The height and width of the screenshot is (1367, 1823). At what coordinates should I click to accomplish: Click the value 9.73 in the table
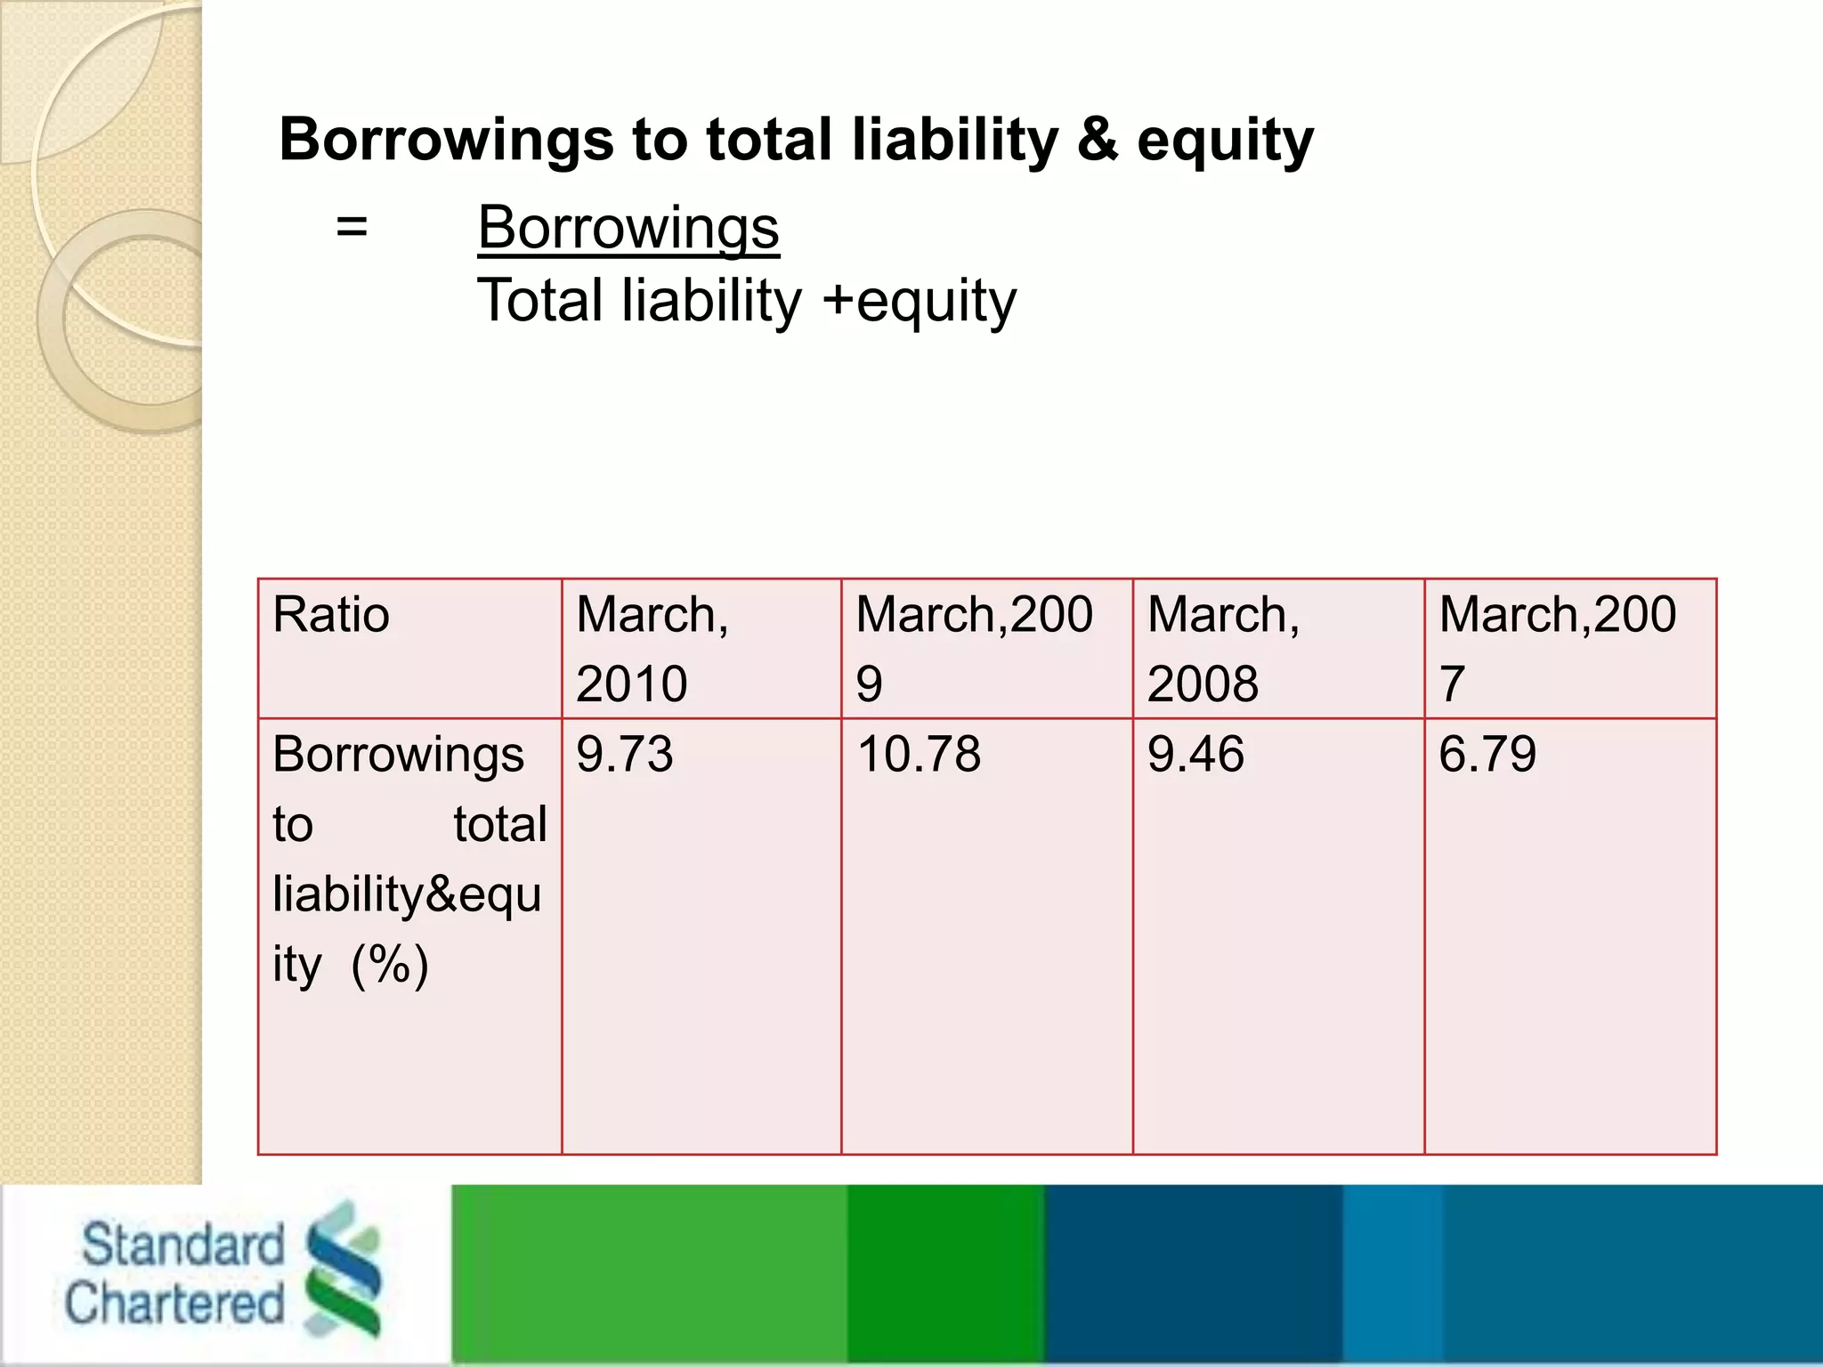click(x=624, y=754)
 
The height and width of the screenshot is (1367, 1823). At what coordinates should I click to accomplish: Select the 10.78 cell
click(x=919, y=754)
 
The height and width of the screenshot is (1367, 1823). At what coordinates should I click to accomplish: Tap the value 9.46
click(x=1195, y=754)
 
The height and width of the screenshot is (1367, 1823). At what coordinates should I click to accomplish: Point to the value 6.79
click(x=1487, y=754)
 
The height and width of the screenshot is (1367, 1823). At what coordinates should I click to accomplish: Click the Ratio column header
click(x=331, y=615)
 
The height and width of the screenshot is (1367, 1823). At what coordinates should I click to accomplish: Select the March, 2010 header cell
click(x=652, y=648)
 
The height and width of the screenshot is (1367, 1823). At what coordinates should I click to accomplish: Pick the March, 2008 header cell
click(x=1223, y=648)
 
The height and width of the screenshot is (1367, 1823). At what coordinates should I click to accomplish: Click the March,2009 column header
click(x=974, y=648)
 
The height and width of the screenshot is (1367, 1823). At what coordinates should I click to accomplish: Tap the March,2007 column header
click(x=1558, y=648)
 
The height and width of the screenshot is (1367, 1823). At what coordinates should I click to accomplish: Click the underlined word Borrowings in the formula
click(x=628, y=228)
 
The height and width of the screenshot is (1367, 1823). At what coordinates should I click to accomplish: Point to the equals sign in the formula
click(x=352, y=228)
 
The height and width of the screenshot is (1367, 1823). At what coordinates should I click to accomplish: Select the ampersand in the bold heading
click(x=1097, y=141)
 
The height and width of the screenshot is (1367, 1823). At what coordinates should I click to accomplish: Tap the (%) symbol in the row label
click(x=390, y=964)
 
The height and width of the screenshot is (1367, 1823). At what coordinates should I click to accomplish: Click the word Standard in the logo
click(x=182, y=1244)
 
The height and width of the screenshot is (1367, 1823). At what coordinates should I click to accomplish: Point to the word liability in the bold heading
click(x=954, y=141)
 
